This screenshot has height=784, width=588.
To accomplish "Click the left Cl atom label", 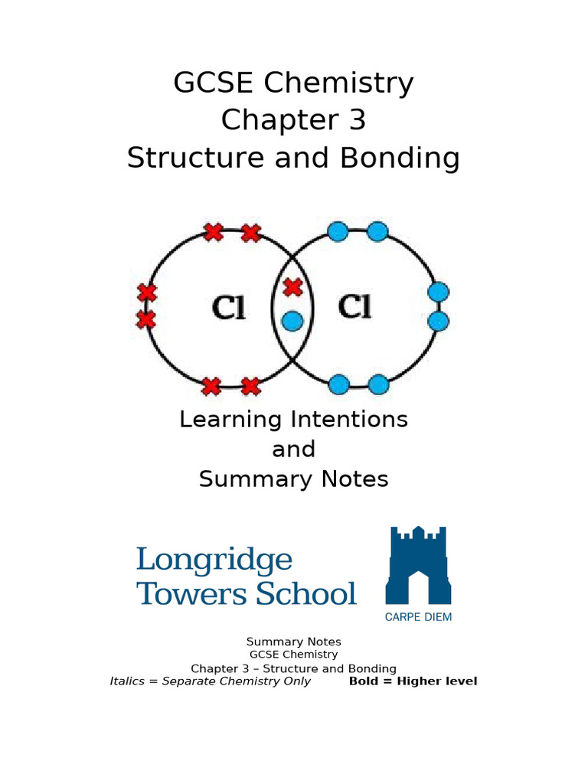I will [227, 308].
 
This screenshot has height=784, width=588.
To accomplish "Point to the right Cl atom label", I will [354, 308].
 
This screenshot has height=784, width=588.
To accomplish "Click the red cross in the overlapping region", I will [292, 288].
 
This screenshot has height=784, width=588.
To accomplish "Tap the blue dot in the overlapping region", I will [292, 321].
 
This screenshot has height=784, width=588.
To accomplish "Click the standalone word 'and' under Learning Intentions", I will [293, 449].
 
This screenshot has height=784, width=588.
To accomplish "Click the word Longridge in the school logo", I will [214, 560].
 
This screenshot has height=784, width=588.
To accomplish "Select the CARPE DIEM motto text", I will [418, 617].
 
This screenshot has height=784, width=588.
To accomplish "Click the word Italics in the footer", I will [127, 681].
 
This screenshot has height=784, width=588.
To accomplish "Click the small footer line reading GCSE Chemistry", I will [293, 655].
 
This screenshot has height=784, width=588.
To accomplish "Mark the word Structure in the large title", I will [183, 158].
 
